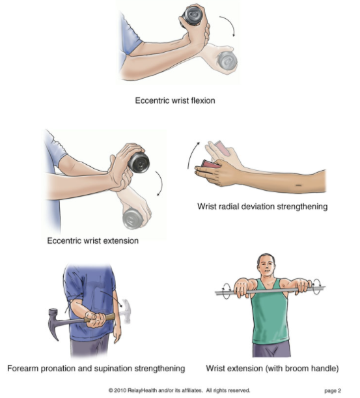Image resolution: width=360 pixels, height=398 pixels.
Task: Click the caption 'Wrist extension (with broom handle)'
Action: click(272, 369)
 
